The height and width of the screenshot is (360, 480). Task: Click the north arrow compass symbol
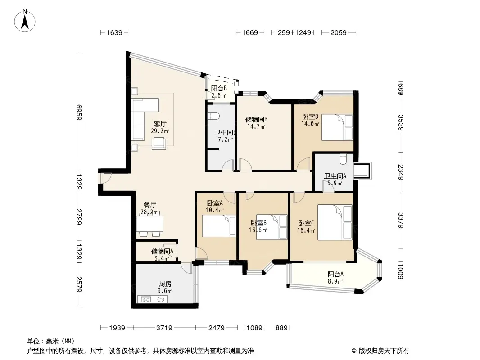click(25, 21)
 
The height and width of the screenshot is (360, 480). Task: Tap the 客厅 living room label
click(160, 124)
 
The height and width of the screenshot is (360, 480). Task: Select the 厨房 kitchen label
click(165, 284)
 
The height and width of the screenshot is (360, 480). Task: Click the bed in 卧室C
click(335, 222)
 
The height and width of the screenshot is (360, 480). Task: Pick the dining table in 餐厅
click(149, 224)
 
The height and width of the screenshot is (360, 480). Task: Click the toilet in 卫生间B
click(213, 116)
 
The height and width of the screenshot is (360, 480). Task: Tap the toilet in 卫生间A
click(343, 159)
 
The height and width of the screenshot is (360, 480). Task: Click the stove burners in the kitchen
click(146, 299)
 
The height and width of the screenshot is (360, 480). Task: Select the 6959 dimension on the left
click(79, 112)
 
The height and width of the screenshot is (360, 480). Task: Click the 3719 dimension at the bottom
click(164, 328)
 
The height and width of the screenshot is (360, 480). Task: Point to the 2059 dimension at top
click(338, 32)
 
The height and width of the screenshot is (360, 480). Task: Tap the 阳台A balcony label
click(335, 274)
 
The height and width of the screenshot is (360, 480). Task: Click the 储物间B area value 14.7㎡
click(256, 126)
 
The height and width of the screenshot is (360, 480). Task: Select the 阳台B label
click(219, 88)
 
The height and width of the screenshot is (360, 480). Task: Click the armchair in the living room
click(159, 143)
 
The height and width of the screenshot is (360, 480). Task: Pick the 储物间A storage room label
click(162, 252)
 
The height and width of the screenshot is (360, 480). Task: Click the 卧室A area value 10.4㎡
click(215, 210)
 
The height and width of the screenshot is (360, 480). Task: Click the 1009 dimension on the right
click(400, 271)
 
